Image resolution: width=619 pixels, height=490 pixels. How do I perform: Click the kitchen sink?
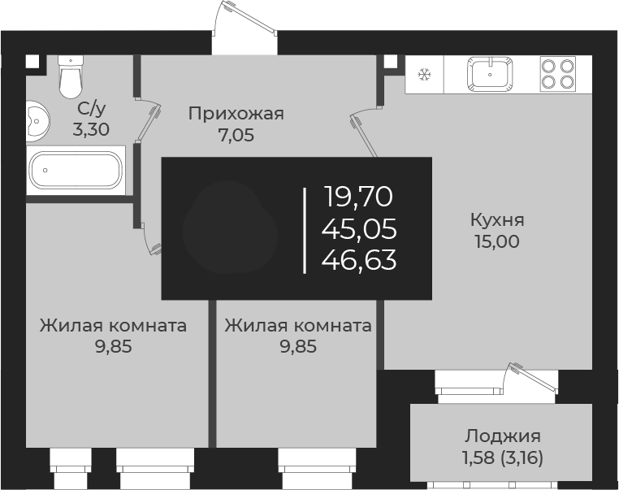tap(491, 73)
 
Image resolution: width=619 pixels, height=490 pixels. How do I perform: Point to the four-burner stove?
tap(557, 72)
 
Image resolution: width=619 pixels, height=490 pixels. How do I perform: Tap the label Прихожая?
tap(236, 114)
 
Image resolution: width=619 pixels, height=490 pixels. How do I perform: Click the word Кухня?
tap(496, 219)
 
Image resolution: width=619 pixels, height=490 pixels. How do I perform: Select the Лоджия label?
tap(503, 436)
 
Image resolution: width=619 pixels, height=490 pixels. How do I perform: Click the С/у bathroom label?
tap(90, 108)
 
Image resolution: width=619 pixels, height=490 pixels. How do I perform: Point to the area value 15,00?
tap(496, 241)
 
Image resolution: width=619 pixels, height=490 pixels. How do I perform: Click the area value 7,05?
tap(236, 136)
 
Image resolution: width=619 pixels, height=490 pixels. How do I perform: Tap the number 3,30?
tap(90, 128)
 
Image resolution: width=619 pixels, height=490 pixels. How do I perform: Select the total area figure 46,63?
tap(359, 260)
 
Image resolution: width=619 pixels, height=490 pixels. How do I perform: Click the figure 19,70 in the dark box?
tap(359, 197)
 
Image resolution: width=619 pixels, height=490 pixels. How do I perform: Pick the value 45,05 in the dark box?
tap(359, 228)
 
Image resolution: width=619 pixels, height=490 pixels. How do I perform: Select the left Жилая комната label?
tap(113, 326)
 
